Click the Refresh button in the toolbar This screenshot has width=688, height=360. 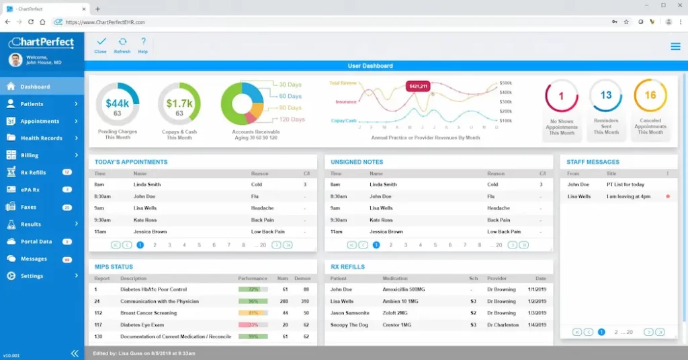pyautogui.click(x=122, y=45)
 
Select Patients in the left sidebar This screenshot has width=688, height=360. pyautogui.click(x=32, y=104)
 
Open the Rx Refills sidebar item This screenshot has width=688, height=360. pyautogui.click(x=33, y=173)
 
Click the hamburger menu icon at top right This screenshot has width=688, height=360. pyautogui.click(x=675, y=46)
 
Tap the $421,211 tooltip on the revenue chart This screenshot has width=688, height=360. pyautogui.click(x=418, y=86)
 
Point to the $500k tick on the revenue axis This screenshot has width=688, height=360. pyautogui.click(x=505, y=83)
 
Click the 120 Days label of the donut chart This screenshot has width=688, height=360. pyautogui.click(x=292, y=119)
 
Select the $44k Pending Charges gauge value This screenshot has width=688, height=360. pyautogui.click(x=117, y=103)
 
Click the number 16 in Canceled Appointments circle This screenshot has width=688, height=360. pyautogui.click(x=650, y=95)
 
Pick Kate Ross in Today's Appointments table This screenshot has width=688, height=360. pyautogui.click(x=144, y=220)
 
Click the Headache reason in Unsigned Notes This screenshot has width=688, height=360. pyautogui.click(x=498, y=208)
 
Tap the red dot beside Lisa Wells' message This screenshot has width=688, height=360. pyautogui.click(x=667, y=196)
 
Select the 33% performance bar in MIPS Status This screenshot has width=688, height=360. pyautogui.click(x=253, y=325)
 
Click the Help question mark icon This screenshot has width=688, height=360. pyautogui.click(x=143, y=42)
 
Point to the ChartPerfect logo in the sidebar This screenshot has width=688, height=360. pyautogui.click(x=42, y=42)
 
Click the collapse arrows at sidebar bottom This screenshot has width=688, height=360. pyautogui.click(x=75, y=353)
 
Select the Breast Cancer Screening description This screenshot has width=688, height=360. pyautogui.click(x=148, y=313)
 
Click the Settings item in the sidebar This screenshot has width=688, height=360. pyautogui.click(x=32, y=276)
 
